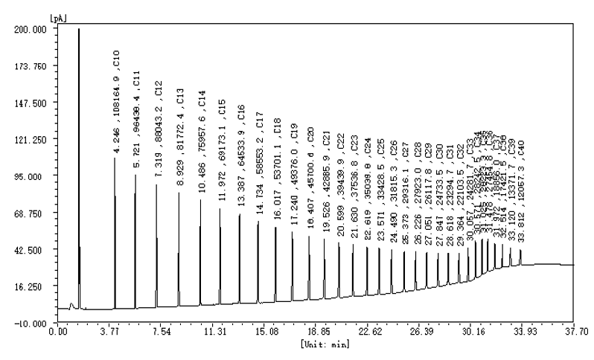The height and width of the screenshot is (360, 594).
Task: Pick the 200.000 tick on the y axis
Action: pyautogui.click(x=31, y=29)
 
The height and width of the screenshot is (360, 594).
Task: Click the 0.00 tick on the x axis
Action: pyautogui.click(x=57, y=332)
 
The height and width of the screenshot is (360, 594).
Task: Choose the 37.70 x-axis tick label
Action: pyautogui.click(x=576, y=332)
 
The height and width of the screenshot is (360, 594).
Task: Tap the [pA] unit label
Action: pyautogui.click(x=57, y=16)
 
